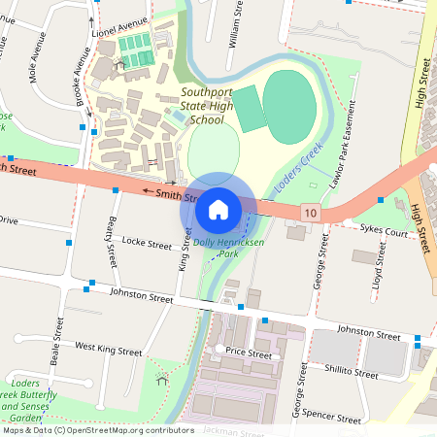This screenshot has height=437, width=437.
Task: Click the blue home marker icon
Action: click(x=218, y=208)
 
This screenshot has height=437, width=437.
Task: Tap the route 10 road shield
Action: click(x=310, y=212)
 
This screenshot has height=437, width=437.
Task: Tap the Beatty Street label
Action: click(x=112, y=242)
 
